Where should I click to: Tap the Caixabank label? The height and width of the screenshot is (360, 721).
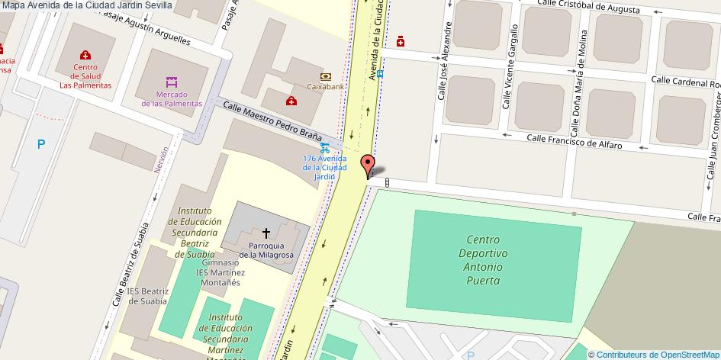coord(326,86)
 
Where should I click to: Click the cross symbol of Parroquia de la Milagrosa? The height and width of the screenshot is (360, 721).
coord(266,232)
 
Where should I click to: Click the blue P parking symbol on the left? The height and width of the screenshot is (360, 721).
coord(41,143)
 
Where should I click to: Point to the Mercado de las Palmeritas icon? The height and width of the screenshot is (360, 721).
coord(172,81)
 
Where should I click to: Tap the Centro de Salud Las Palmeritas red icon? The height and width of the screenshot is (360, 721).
coord(85,55)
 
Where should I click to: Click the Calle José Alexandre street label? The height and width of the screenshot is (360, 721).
coord(443,66)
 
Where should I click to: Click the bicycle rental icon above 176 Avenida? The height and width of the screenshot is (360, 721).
coord(325,146)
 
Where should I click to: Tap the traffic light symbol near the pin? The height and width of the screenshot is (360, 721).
coord(387,182)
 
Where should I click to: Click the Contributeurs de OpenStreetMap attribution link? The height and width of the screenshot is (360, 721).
coord(658,354)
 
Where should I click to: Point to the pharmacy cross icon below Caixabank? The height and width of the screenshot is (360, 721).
coord(290,101)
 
